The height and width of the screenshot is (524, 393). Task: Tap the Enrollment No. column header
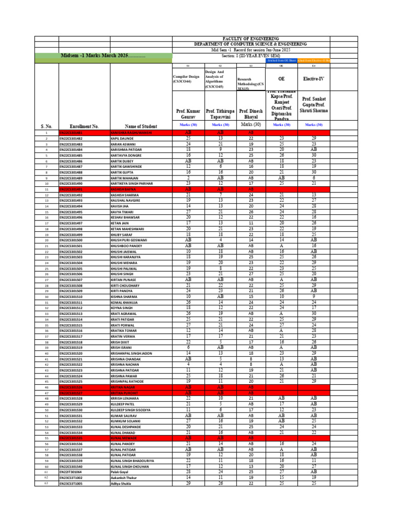[84, 126]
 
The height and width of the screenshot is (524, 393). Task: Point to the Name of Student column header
[141, 126]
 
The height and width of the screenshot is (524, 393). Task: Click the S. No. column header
[46, 126]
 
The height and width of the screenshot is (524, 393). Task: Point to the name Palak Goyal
[120, 471]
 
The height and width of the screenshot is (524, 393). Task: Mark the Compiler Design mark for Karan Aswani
[188, 144]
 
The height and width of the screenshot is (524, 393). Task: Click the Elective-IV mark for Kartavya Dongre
[314, 155]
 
